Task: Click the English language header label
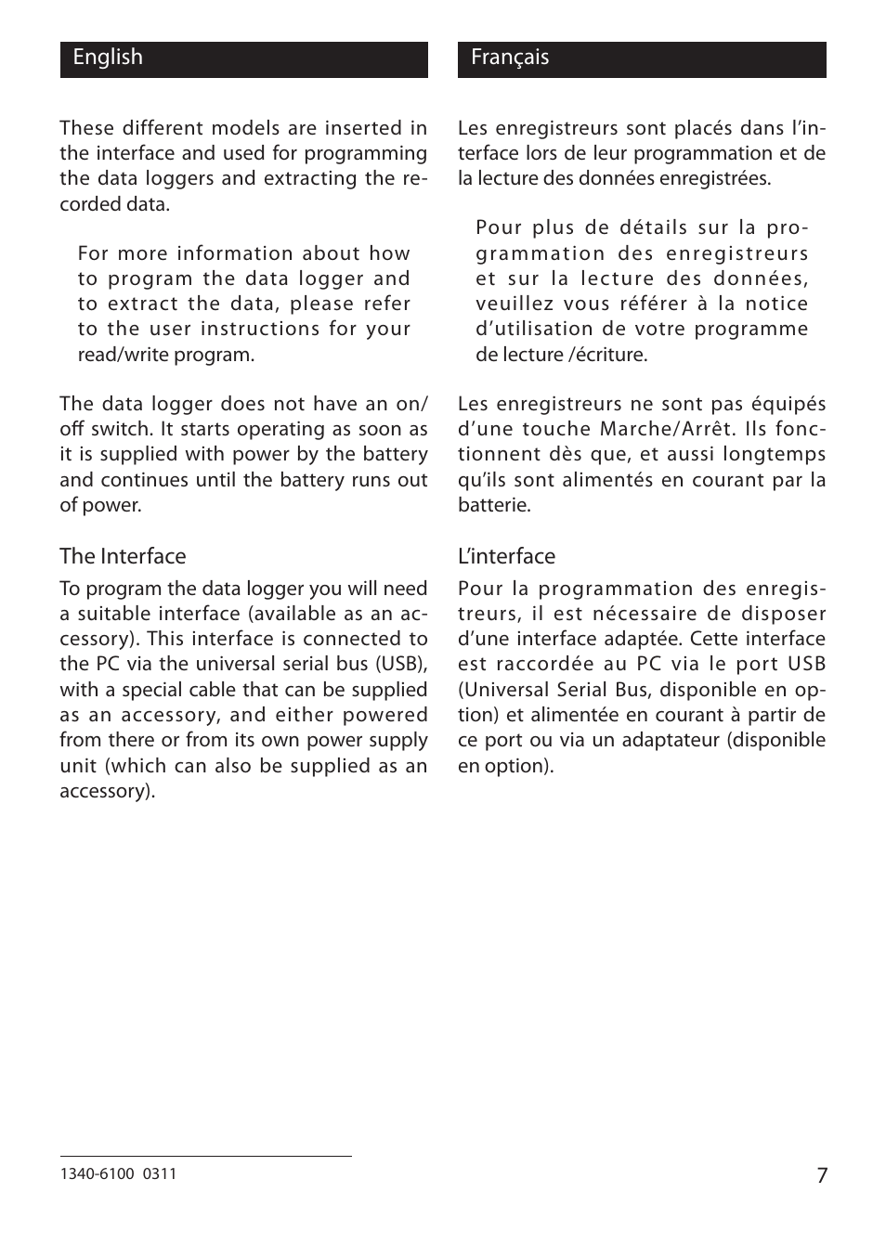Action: point(108,58)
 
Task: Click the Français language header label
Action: point(509,58)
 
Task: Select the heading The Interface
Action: point(123,556)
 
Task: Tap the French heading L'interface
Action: point(506,556)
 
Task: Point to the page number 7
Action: point(821,1175)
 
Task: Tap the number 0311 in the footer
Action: point(160,1173)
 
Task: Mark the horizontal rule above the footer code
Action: point(205,1156)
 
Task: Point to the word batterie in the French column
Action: point(494,506)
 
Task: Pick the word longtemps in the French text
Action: point(775,455)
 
